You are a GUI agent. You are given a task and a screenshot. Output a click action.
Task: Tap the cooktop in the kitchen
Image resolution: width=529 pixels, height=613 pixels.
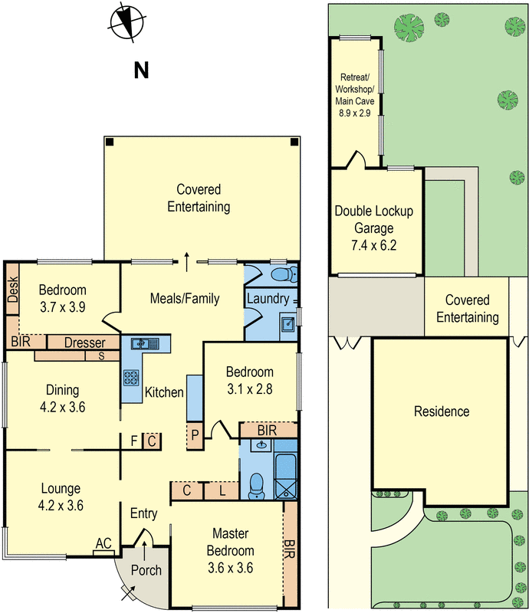[x=130, y=378]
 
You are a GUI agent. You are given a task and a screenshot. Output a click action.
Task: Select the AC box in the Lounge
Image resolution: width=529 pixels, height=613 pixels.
[x=103, y=543]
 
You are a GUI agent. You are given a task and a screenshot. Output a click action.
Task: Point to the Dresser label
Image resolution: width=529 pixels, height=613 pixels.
[x=84, y=343]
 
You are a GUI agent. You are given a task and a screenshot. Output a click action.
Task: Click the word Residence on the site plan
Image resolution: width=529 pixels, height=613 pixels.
[x=441, y=411]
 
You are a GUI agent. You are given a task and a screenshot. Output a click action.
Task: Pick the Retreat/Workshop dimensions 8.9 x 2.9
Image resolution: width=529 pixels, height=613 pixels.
[x=354, y=112]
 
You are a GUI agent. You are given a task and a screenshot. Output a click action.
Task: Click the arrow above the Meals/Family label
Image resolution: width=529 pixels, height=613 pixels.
[x=187, y=261]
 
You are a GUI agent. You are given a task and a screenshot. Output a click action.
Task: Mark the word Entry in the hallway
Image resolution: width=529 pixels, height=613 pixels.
[x=144, y=513]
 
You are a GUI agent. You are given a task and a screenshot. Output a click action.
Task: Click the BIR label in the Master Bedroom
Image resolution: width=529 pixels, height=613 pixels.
[x=289, y=548]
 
